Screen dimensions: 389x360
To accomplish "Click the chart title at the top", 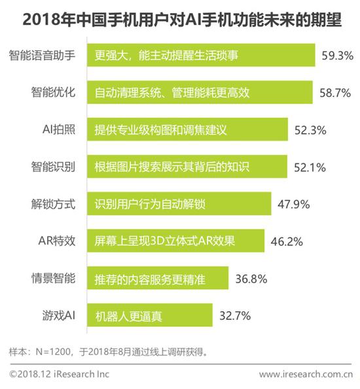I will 181,20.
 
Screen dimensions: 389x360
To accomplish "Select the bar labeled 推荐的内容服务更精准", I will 158,279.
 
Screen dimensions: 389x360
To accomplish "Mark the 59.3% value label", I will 338,55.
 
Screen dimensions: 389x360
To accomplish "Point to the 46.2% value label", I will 286,242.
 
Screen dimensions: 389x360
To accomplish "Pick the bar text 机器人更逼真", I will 129,317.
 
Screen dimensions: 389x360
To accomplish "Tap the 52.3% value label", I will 310,129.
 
